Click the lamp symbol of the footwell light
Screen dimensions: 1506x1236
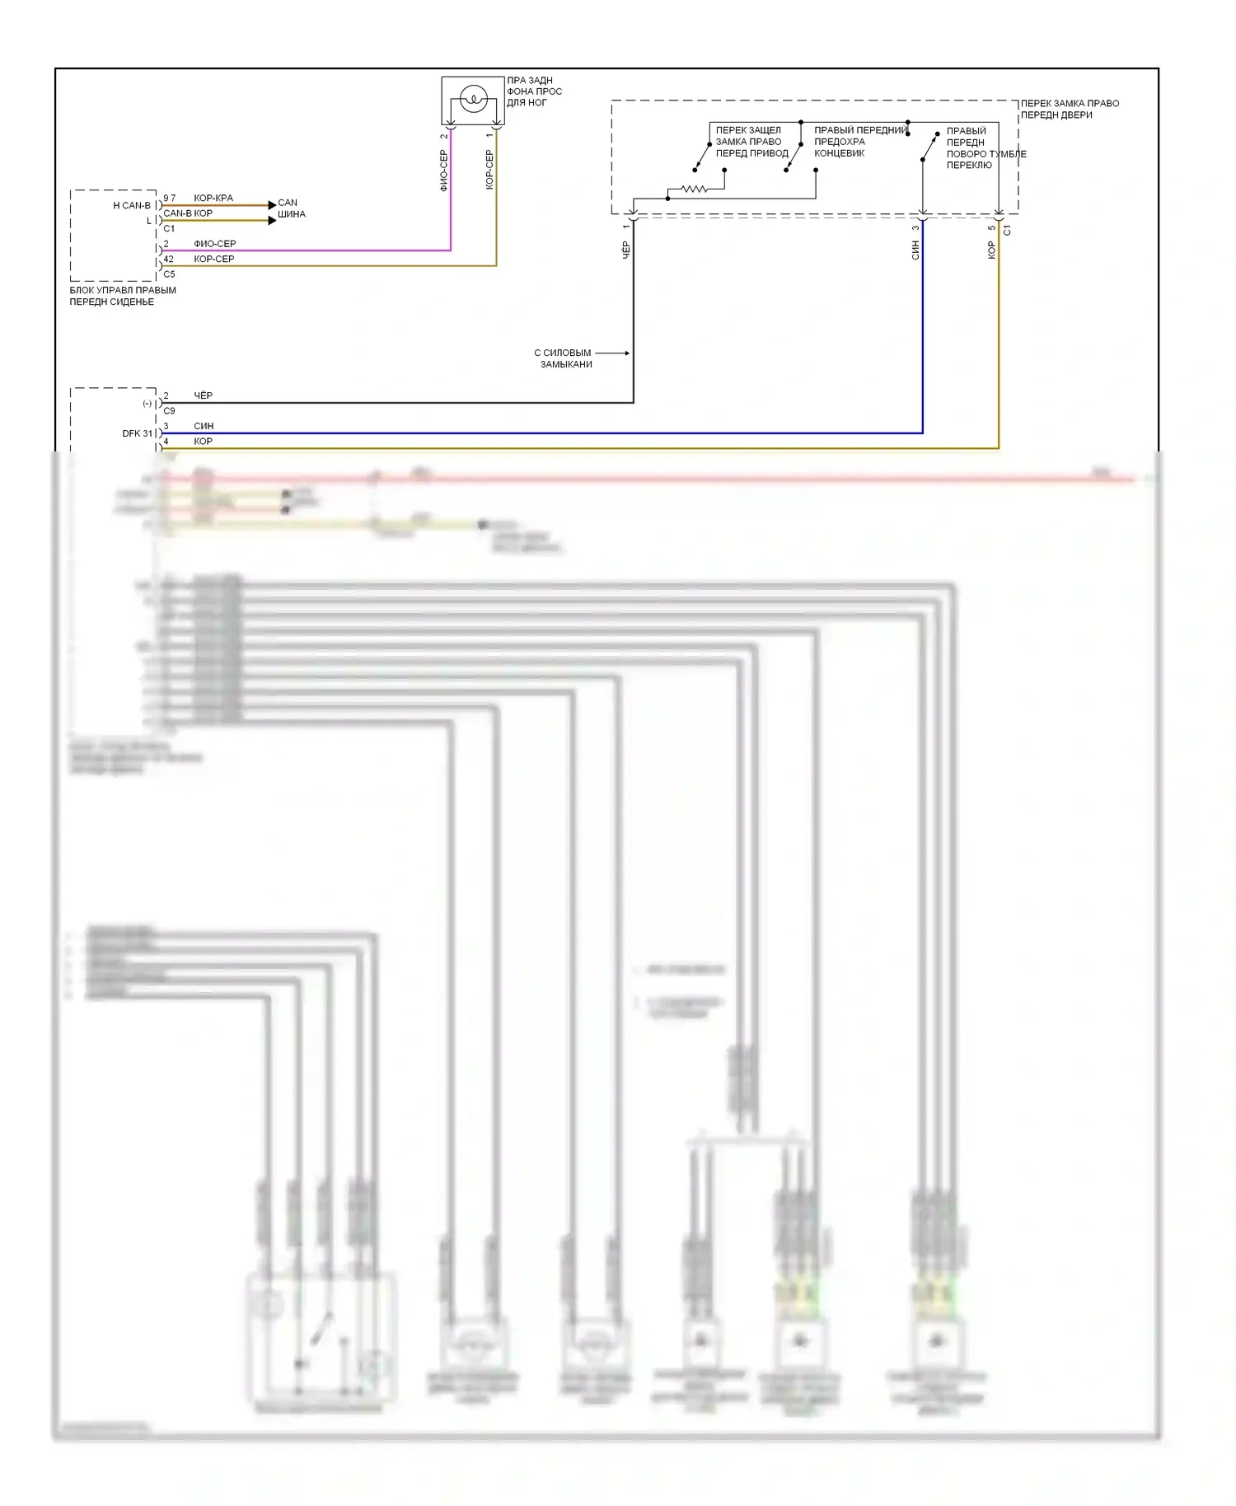473,100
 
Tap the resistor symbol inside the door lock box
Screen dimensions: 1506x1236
694,189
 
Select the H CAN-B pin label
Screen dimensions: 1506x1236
132,205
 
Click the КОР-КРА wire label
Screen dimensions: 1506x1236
213,198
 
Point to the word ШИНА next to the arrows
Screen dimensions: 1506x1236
292,214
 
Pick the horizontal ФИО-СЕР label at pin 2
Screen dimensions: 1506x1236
214,244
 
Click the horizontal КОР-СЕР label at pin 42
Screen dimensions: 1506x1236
213,259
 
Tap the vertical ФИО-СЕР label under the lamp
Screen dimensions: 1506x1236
444,171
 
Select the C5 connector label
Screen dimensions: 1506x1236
169,274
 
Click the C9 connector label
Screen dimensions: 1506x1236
169,410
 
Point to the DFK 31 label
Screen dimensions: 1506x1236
137,433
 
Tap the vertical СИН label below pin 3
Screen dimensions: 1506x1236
915,250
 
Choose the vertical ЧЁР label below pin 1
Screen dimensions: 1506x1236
625,250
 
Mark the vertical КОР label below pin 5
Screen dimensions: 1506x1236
991,250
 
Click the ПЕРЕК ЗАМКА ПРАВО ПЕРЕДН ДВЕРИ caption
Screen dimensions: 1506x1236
1070,109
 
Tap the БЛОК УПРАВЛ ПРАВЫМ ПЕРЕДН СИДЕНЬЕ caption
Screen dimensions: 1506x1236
123,296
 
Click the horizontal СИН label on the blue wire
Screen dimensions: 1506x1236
204,426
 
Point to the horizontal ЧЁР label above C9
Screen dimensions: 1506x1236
203,395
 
